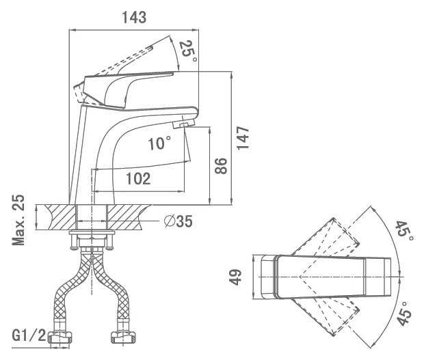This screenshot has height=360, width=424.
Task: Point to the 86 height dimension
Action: tap(220, 166)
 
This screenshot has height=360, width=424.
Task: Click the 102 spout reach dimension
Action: tap(138, 179)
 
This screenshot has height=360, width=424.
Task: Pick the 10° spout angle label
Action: tap(159, 143)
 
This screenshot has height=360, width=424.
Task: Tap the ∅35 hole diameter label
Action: tap(178, 222)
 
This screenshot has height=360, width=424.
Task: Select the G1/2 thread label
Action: tap(29, 335)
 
